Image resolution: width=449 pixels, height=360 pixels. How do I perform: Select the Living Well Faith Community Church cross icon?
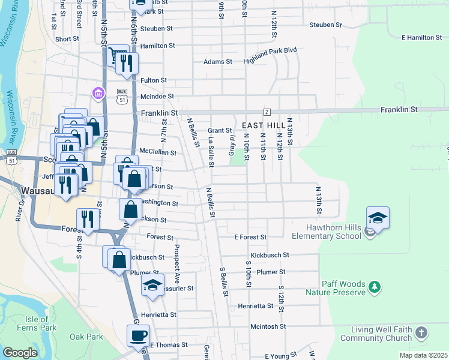(x=421, y=332)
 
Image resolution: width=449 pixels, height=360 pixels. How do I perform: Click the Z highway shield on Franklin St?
(x=267, y=112)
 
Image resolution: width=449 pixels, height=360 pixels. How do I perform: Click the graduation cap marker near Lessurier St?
(x=153, y=285)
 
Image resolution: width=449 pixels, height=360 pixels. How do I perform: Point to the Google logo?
(x=20, y=352)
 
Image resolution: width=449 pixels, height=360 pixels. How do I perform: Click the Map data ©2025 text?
(x=423, y=355)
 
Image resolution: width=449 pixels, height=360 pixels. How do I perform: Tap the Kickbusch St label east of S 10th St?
(x=270, y=255)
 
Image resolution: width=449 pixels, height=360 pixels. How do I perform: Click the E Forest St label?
(x=250, y=238)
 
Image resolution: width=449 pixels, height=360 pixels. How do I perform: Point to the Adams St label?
(x=218, y=62)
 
